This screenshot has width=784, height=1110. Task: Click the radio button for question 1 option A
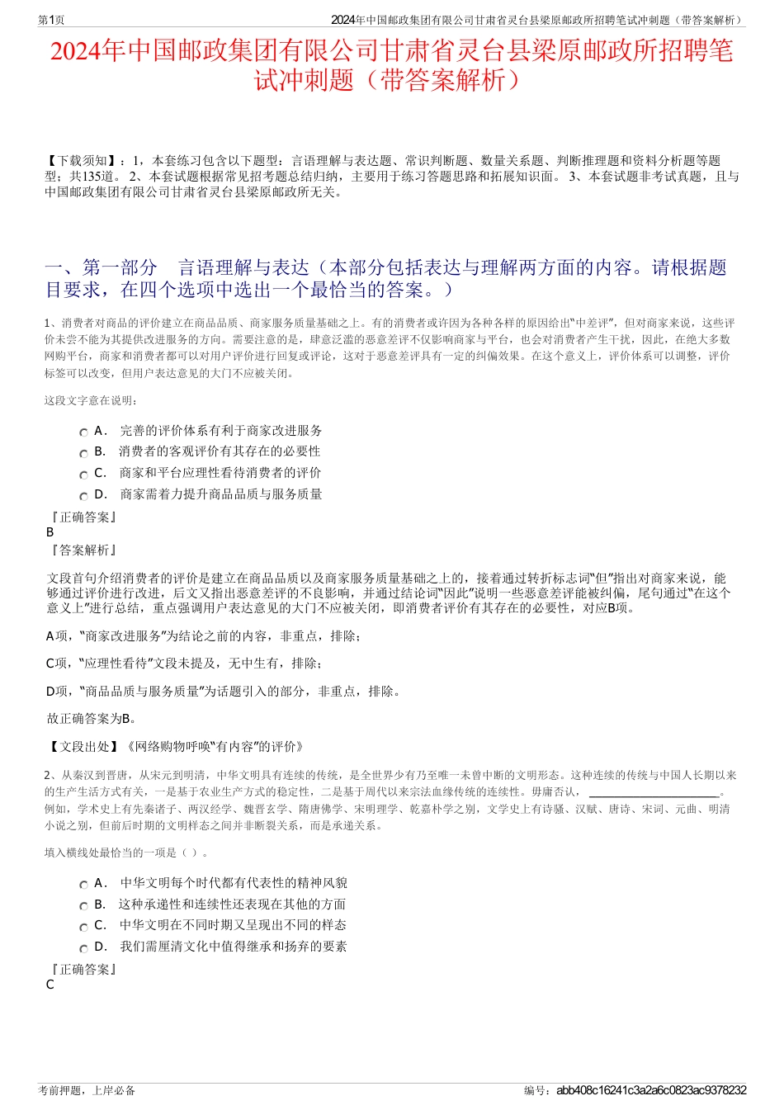pos(83,432)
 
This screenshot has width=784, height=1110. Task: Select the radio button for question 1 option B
pos(83,453)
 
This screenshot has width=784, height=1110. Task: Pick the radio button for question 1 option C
pos(83,475)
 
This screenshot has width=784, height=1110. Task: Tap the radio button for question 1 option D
pos(83,496)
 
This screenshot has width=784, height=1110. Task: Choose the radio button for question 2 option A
pos(83,885)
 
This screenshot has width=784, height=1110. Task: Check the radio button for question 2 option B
pos(83,906)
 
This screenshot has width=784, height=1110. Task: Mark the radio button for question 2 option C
pos(83,927)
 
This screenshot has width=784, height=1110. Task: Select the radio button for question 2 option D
pos(83,948)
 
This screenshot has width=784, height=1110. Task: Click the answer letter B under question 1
pos(50,532)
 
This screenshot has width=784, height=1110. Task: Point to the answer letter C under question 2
pos(50,985)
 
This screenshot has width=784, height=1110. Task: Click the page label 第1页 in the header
pos(51,20)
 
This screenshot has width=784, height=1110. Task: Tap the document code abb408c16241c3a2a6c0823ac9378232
pos(651,1090)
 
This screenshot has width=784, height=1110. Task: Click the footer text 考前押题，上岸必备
pos(87,1090)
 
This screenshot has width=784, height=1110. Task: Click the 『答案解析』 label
pos(83,550)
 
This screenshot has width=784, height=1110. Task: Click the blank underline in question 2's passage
pos(654,791)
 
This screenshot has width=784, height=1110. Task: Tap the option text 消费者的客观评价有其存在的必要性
pos(220,451)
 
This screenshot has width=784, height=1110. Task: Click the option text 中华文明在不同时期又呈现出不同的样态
pos(233,925)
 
